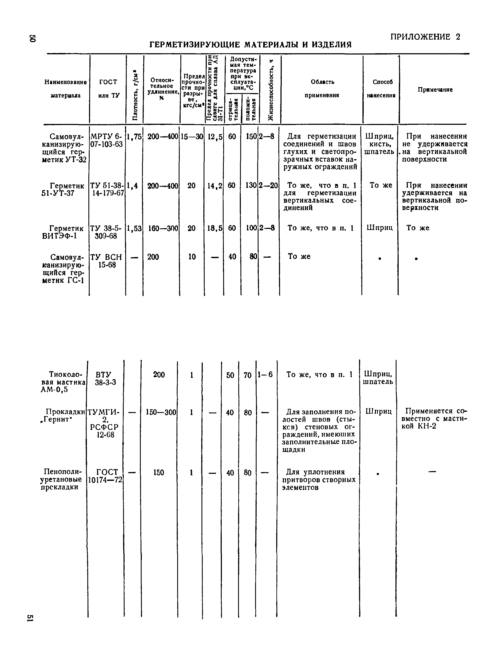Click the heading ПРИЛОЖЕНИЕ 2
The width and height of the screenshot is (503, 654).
click(425, 37)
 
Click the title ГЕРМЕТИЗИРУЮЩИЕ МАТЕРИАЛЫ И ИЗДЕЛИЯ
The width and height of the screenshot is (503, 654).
click(250, 45)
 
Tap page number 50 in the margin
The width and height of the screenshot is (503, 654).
click(32, 38)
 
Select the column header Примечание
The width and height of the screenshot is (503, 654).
click(435, 89)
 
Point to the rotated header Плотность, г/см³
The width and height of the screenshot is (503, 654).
click(134, 95)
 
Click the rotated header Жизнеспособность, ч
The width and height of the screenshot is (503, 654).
click(270, 90)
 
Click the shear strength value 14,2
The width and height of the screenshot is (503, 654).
click(215, 186)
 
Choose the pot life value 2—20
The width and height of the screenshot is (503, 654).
click(269, 186)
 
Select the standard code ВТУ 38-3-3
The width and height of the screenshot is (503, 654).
click(105, 378)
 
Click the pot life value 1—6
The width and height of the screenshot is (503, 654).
click(266, 375)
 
